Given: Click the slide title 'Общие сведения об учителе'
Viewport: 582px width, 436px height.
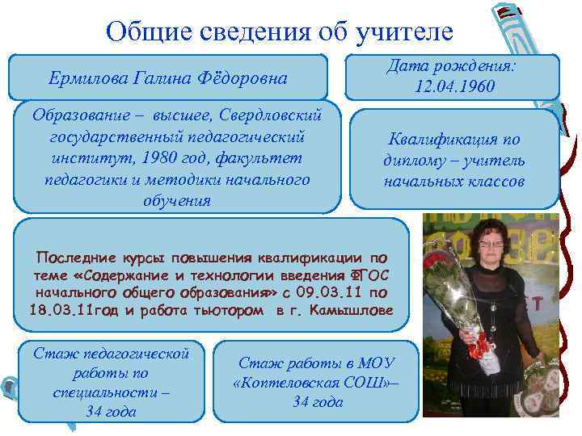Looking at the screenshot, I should [x=280, y=31].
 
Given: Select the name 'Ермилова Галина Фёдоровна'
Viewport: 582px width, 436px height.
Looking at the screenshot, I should [x=167, y=79].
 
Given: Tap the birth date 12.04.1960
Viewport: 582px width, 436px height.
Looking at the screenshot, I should [x=454, y=86].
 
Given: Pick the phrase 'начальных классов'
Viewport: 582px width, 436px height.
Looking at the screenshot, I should [x=453, y=182].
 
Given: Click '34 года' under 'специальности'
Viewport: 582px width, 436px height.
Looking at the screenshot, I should [x=111, y=411].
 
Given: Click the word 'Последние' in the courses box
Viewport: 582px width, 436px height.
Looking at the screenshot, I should [x=68, y=257].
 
